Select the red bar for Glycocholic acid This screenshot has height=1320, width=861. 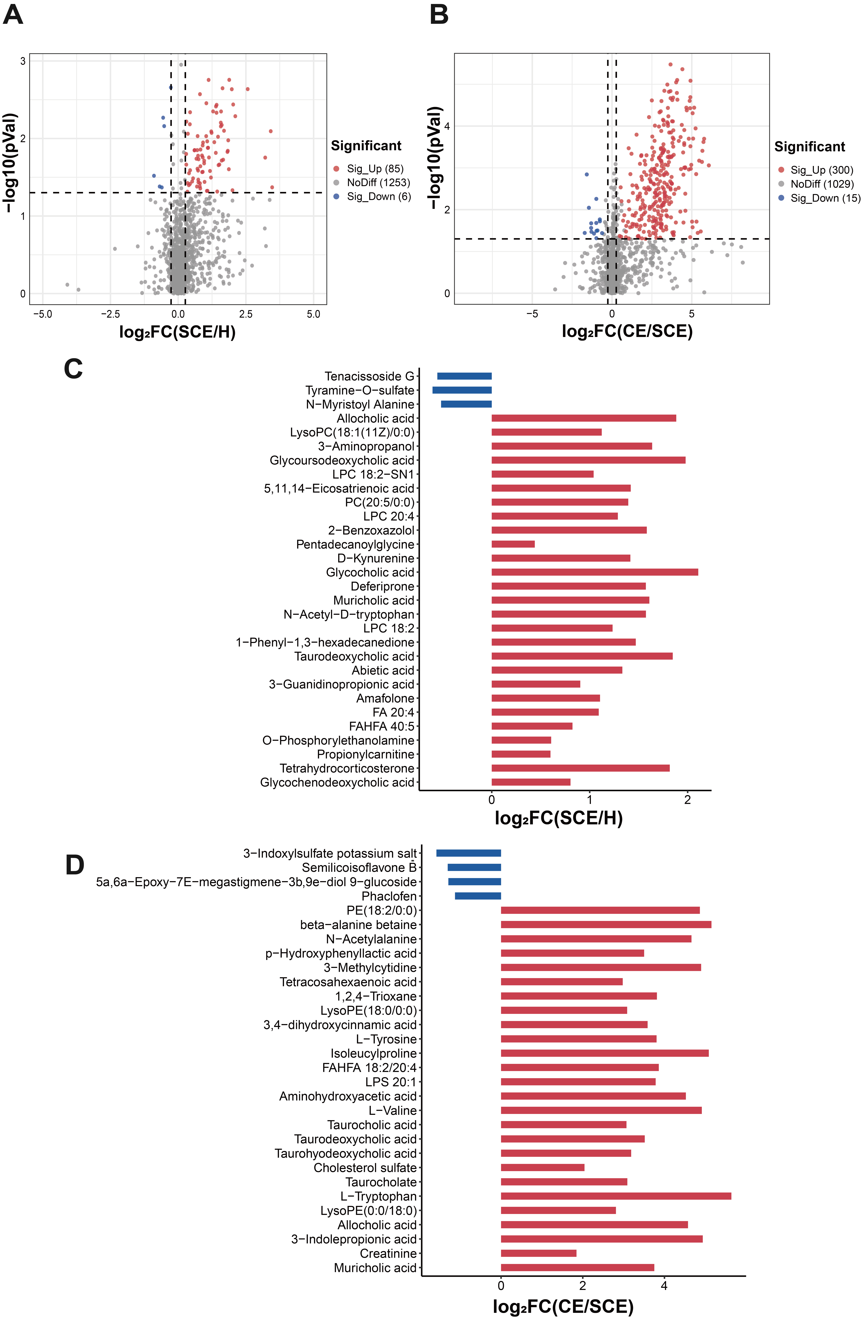click(x=595, y=572)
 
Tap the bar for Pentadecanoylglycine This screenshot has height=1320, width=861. click(x=513, y=544)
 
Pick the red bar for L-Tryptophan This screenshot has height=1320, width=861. click(x=616, y=1196)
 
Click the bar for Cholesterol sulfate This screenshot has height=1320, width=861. click(x=543, y=1167)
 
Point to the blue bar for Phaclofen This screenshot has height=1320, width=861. click(x=478, y=896)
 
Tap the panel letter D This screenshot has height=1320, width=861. click(x=75, y=865)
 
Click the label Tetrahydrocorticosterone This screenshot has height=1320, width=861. click(x=347, y=768)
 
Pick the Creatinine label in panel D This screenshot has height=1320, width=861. click(x=388, y=1253)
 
